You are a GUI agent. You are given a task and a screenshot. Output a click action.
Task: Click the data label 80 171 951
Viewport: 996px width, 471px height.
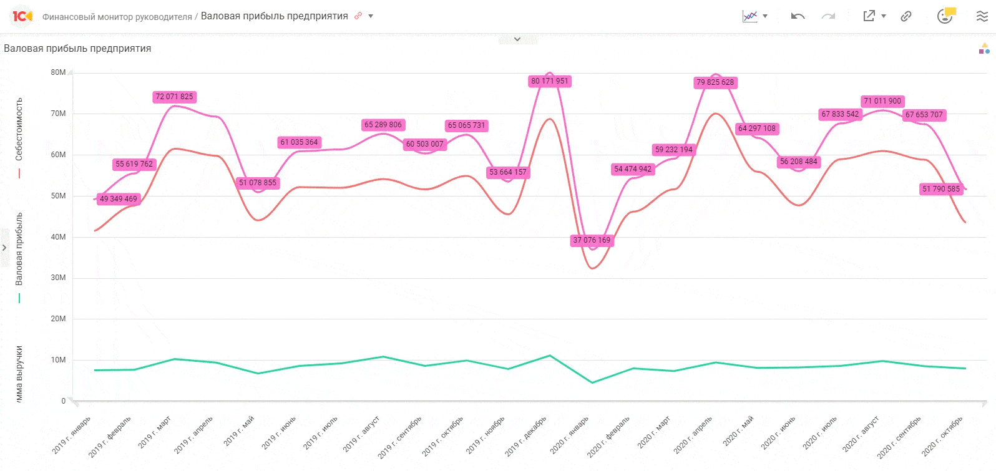coord(549,81)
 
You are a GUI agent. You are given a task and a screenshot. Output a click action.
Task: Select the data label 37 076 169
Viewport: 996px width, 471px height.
coord(592,240)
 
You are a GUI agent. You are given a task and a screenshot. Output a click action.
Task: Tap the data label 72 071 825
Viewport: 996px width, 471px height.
coord(174,97)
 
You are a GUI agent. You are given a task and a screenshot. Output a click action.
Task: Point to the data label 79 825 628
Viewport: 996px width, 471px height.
coord(715,82)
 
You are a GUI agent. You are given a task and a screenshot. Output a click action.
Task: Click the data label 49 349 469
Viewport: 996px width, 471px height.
coord(118,199)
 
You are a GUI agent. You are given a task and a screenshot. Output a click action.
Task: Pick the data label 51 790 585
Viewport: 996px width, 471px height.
coord(941,189)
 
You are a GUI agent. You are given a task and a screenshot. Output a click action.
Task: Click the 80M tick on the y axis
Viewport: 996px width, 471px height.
coord(58,72)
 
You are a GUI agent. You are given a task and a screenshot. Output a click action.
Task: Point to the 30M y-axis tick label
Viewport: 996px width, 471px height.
coord(58,278)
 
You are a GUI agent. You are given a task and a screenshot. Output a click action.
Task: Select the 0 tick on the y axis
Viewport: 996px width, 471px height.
coord(63,401)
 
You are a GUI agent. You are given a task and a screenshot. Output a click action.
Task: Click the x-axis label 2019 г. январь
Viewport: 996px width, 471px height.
coord(72,435)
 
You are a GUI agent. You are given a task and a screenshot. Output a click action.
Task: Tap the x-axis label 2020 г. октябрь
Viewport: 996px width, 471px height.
coord(942,436)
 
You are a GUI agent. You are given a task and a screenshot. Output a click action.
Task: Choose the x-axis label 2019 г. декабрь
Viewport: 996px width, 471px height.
coord(525,436)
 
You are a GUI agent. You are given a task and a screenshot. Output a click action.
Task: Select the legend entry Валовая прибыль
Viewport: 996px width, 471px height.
coord(19,249)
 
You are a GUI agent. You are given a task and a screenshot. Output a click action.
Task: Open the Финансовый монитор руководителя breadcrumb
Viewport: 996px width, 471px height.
coord(117,17)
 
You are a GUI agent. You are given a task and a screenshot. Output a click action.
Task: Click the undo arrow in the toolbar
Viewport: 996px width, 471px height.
coord(798,16)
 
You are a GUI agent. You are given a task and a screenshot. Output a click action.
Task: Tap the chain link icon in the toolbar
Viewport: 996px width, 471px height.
coord(906,16)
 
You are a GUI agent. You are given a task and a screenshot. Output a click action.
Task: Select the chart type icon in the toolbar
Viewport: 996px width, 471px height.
coord(749,16)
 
